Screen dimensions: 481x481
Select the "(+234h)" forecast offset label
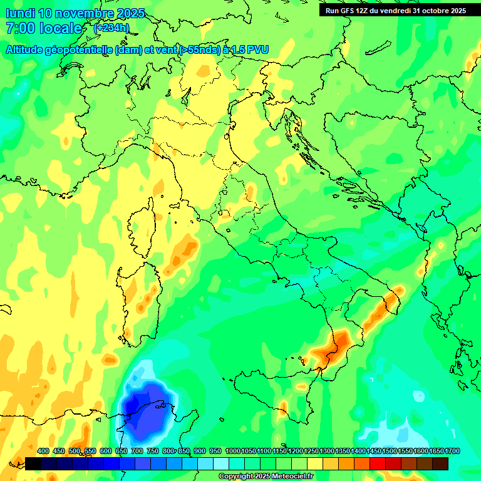click(111, 28)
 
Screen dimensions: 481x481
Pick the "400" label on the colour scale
click(43, 451)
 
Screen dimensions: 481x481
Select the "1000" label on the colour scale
click(232, 451)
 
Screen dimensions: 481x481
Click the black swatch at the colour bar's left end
click(33, 463)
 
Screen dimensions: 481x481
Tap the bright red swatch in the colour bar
click(377, 463)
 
